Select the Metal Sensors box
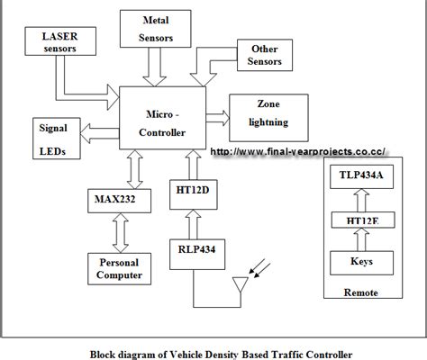(x=157, y=29)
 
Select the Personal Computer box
(x=114, y=266)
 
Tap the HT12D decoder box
(x=191, y=196)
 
